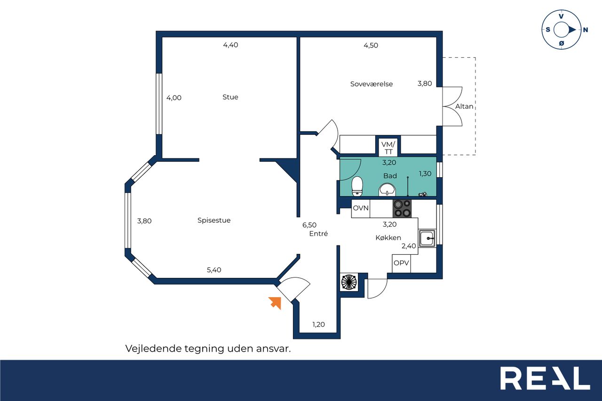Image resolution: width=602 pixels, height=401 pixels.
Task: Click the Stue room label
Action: pos(230,97)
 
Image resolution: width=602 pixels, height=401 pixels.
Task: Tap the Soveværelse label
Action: pos(372,84)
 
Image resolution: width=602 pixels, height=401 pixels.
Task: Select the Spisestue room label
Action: pos(214,220)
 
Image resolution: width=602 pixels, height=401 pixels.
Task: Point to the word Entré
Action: pos(318,233)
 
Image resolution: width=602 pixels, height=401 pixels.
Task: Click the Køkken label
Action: pos(388,237)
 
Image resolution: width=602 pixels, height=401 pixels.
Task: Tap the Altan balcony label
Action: pos(464,106)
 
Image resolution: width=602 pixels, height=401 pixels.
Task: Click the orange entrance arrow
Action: pos(275,303)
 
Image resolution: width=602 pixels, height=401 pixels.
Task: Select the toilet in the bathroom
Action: pos(357,186)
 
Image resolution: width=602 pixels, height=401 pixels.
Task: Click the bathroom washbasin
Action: pos(387,189)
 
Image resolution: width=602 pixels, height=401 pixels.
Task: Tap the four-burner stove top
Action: pos(402,208)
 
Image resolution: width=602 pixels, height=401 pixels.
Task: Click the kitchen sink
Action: pos(427,238)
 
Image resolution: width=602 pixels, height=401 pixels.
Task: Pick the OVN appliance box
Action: pos(361,208)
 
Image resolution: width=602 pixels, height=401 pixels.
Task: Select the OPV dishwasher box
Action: pos(401,263)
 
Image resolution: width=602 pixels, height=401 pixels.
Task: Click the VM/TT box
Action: pos(388,147)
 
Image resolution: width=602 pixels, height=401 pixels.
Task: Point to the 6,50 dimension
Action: pos(309,225)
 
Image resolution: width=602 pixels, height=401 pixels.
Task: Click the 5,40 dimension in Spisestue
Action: pos(214,270)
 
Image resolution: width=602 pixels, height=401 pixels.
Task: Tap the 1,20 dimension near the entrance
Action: pos(318,324)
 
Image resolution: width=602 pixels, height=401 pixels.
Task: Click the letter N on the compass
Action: pos(586,30)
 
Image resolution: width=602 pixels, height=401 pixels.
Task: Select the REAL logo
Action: pos(545,378)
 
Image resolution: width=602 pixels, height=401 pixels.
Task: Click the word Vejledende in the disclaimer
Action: pos(153,349)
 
